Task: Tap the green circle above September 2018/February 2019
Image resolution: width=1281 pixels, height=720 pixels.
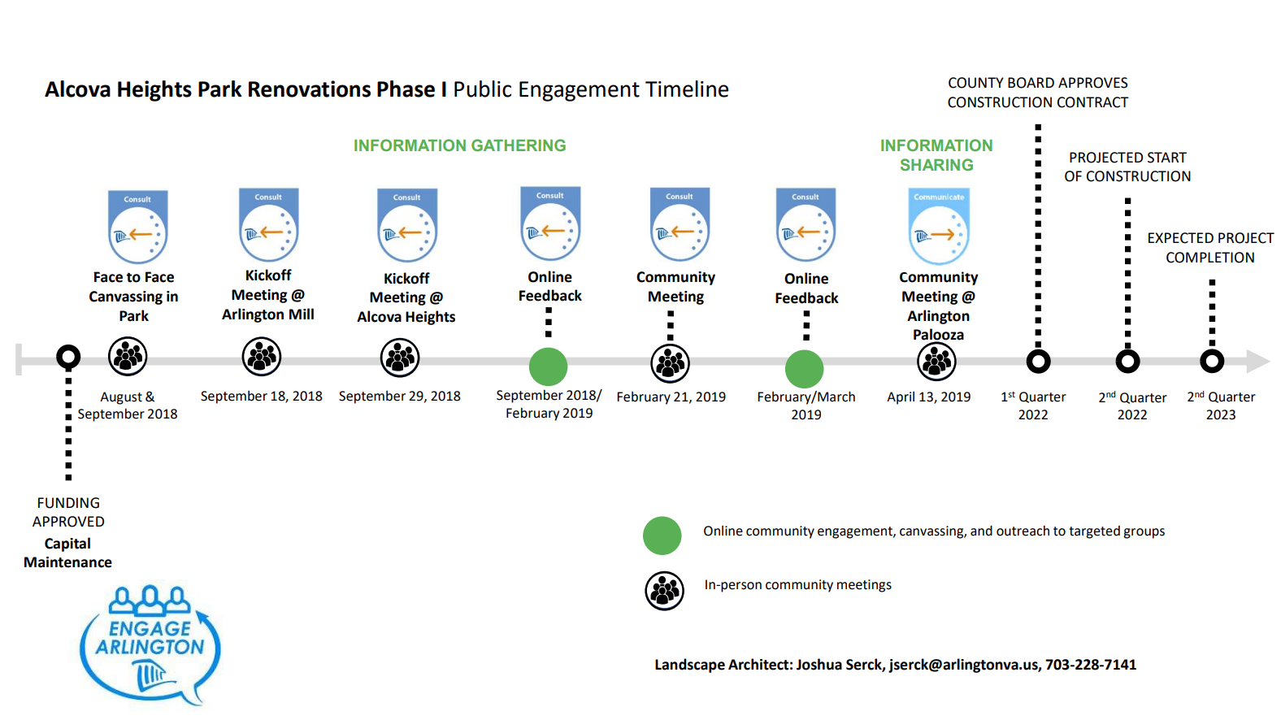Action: [549, 367]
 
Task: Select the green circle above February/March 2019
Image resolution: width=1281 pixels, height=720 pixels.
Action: [805, 369]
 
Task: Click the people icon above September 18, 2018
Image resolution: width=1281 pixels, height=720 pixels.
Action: [262, 357]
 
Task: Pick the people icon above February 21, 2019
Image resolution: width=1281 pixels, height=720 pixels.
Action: [671, 363]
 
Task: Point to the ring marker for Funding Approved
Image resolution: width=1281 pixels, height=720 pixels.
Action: [68, 357]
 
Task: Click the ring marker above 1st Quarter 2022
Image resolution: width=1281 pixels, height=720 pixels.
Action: [1038, 361]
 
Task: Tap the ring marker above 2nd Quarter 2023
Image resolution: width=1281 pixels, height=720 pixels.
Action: [1212, 361]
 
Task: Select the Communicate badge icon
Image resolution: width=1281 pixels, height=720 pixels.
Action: [939, 226]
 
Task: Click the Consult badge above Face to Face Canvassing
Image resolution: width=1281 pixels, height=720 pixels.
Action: [137, 227]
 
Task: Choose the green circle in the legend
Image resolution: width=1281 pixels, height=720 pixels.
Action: [662, 536]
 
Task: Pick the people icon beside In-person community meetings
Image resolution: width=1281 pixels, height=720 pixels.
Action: [665, 591]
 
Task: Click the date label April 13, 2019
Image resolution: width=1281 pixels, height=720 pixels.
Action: [929, 397]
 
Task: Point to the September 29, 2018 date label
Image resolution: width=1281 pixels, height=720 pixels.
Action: [400, 396]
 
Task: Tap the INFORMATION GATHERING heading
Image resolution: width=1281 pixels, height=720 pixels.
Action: [459, 145]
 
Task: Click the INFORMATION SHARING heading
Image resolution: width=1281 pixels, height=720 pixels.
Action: [936, 155]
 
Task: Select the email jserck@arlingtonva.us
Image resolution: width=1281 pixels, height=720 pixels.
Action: [963, 665]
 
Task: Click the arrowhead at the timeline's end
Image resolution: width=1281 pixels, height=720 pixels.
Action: [1257, 361]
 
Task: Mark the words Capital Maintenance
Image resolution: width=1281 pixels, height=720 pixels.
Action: [67, 553]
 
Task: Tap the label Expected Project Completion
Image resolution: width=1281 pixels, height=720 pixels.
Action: [1210, 248]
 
